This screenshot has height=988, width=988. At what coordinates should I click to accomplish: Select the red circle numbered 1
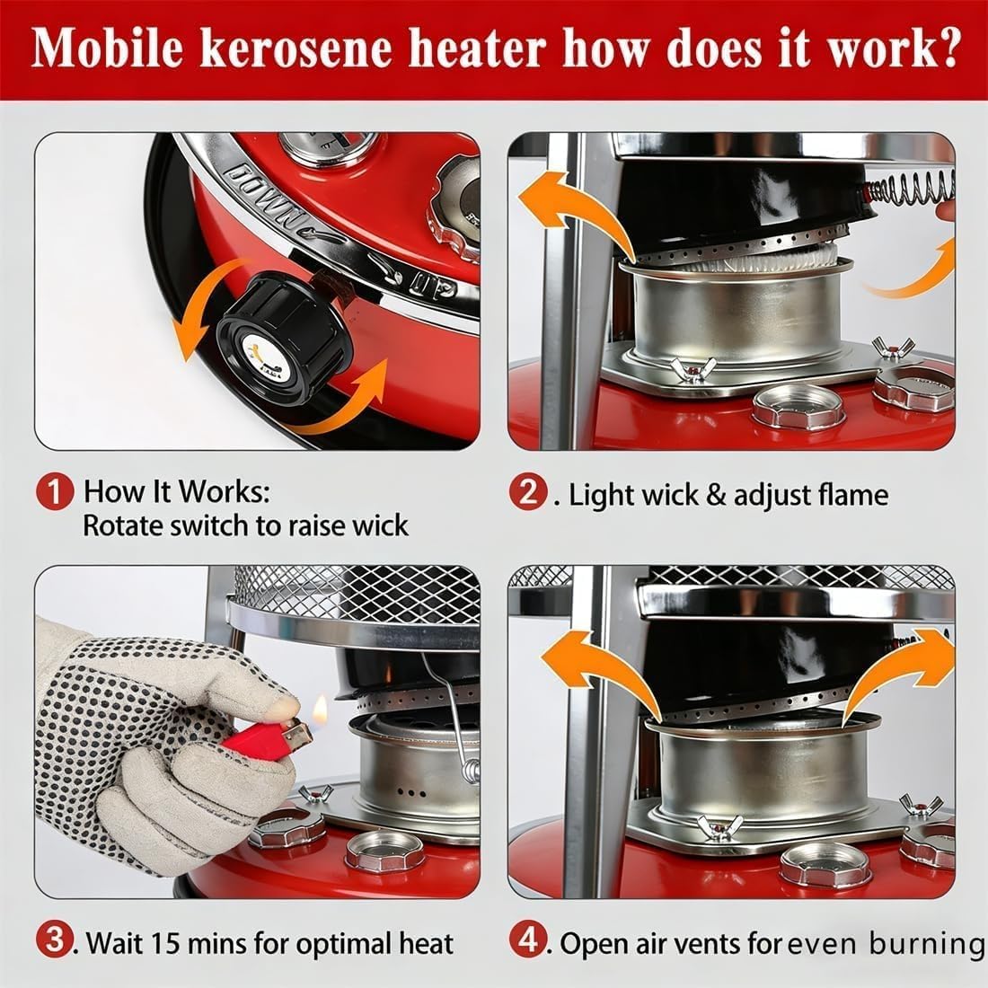click(x=56, y=493)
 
